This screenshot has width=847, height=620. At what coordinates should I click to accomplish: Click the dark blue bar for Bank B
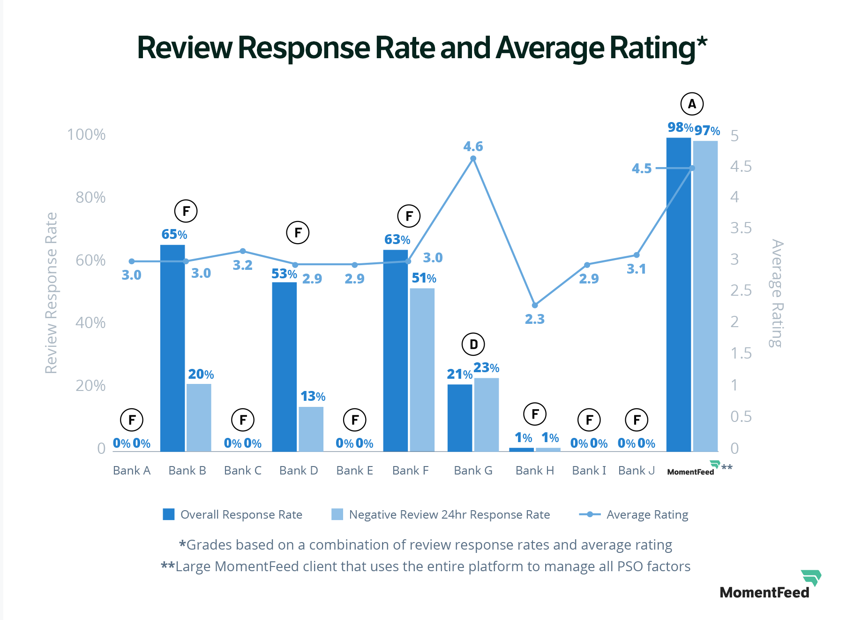(x=172, y=348)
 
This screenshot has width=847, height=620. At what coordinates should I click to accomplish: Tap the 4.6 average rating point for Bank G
(x=473, y=159)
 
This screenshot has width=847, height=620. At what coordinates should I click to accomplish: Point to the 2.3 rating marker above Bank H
(x=535, y=305)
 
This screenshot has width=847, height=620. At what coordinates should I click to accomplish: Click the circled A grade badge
(x=692, y=104)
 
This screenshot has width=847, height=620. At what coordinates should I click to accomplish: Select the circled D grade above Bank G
(x=473, y=344)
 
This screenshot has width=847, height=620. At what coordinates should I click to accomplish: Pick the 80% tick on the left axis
(x=90, y=198)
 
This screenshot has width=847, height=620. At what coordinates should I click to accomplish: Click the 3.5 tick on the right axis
(x=741, y=228)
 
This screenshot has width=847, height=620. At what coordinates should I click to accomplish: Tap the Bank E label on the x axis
(x=354, y=470)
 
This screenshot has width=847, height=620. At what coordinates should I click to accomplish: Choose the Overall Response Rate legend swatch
(x=169, y=514)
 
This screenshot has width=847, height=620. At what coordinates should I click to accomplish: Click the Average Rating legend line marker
(x=590, y=514)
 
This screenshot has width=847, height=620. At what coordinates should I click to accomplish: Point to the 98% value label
(x=680, y=127)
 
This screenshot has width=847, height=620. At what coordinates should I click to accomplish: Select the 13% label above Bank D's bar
(x=313, y=397)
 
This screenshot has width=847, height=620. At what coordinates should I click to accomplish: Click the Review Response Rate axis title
(x=51, y=293)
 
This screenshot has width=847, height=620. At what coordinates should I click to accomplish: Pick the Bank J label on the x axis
(x=636, y=470)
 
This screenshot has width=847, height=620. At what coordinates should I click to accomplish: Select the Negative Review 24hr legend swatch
(x=337, y=514)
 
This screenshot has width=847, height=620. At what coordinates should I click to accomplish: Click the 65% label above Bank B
(x=174, y=234)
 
